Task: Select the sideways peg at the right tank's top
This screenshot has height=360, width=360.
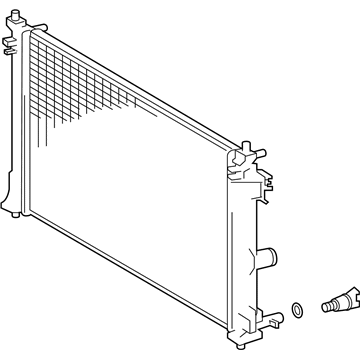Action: [x=262, y=156]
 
